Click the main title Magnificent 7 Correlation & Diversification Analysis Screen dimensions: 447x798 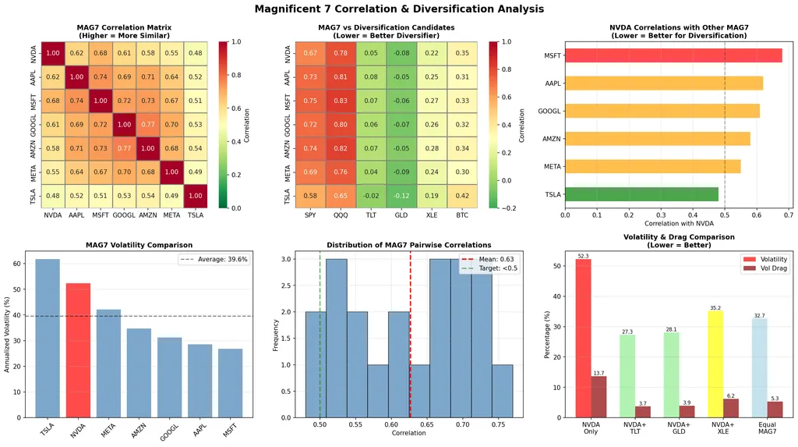[399, 9]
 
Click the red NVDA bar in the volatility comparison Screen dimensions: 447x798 [79, 342]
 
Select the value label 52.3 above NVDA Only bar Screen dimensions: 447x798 [583, 256]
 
